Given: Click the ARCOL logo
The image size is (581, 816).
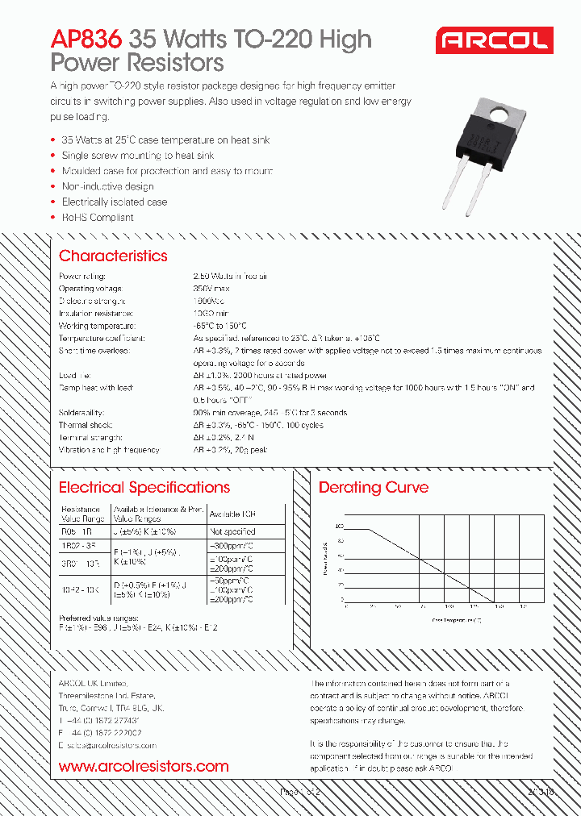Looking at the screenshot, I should (494, 40).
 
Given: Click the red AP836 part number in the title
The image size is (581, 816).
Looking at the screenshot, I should (86, 39).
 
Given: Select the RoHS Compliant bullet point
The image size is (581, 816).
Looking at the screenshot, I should (98, 218).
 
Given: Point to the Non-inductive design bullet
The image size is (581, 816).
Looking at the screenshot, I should (107, 186).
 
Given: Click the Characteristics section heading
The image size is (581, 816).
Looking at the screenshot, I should (113, 256).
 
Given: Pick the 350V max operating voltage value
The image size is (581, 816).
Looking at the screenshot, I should (211, 289).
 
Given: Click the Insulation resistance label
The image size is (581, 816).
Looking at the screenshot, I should (95, 313).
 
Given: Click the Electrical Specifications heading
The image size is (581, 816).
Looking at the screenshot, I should (144, 488).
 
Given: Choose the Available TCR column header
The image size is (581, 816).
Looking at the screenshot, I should (232, 514).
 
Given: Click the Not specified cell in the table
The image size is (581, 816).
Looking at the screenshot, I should (232, 532).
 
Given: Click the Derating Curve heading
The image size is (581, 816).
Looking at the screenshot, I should (374, 488).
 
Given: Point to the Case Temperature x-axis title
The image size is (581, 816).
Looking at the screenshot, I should (457, 621).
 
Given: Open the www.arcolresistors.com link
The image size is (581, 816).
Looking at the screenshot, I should (144, 767).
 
